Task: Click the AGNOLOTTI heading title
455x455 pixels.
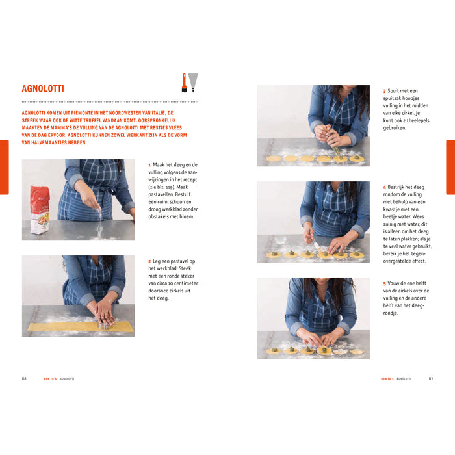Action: pyautogui.click(x=43, y=88)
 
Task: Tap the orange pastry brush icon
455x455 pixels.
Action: pyautogui.click(x=184, y=82)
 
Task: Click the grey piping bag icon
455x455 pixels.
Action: pyautogui.click(x=193, y=82)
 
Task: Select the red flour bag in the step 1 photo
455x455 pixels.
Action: pyautogui.click(x=40, y=209)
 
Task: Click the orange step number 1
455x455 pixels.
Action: pyautogui.click(x=149, y=165)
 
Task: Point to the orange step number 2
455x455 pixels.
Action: pyautogui.click(x=149, y=261)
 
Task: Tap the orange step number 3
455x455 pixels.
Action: pyautogui.click(x=384, y=91)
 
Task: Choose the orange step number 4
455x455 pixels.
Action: pyautogui.click(x=384, y=187)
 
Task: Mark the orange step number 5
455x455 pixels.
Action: pyautogui.click(x=384, y=283)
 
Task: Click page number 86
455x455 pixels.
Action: pyautogui.click(x=24, y=378)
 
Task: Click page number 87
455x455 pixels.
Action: pyautogui.click(x=430, y=378)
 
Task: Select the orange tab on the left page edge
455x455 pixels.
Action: pyautogui.click(x=4, y=167)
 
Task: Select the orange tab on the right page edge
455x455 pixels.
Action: pyautogui.click(x=450, y=167)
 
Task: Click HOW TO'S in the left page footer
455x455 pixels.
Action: pyautogui.click(x=50, y=378)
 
